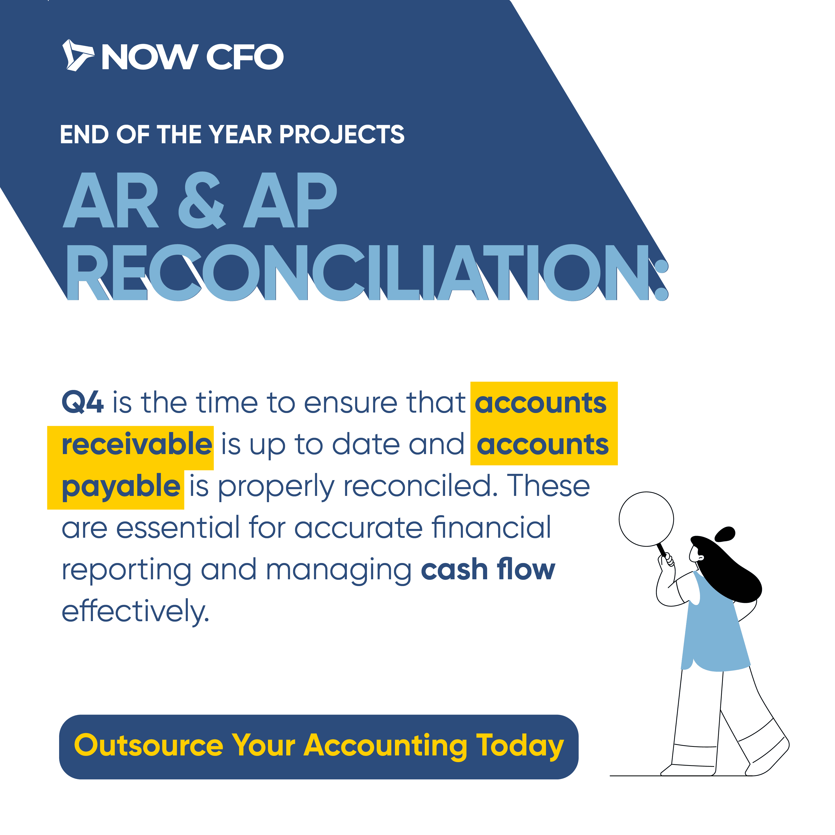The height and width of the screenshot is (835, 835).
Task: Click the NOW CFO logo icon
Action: tap(78, 55)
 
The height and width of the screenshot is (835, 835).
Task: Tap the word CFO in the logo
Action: tap(245, 57)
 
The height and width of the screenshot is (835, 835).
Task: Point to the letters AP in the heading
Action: tap(290, 200)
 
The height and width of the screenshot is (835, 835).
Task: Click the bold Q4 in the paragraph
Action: tap(83, 403)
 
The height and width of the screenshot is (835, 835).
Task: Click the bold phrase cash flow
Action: tap(488, 569)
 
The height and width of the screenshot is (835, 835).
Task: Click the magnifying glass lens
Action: tap(646, 519)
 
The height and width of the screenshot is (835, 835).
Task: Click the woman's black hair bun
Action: tap(726, 534)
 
